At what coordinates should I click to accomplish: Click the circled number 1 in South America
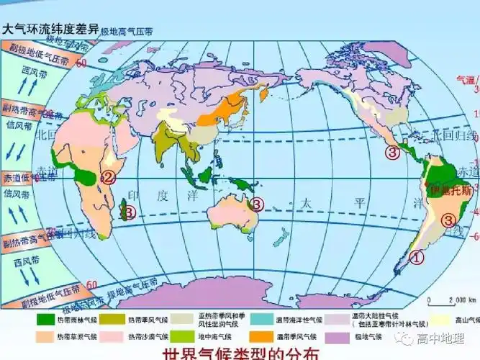[x=417, y=255]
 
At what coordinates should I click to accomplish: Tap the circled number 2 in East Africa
[x=109, y=178]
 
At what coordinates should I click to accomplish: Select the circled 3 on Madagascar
[x=130, y=212]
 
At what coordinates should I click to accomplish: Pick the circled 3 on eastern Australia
[x=258, y=204]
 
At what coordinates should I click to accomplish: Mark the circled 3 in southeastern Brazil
[x=448, y=220]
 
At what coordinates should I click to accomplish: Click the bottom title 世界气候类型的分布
[x=240, y=353]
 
